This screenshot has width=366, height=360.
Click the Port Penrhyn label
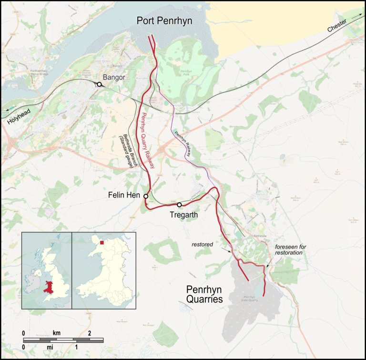[x=166, y=20]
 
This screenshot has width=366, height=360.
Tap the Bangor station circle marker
[x=99, y=84]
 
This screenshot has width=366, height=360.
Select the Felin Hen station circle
[x=146, y=196]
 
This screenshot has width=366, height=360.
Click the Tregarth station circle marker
[x=179, y=205]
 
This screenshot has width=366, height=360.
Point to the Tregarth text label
[x=183, y=215]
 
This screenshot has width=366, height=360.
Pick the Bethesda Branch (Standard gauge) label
[x=129, y=150]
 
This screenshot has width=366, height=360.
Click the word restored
[x=202, y=244]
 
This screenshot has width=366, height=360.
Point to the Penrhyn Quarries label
[x=204, y=294]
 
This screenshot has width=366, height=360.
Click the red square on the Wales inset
[x=102, y=243]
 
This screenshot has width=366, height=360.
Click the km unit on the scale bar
[x=57, y=332]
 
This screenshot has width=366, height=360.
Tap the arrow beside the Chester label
[x=357, y=16]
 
